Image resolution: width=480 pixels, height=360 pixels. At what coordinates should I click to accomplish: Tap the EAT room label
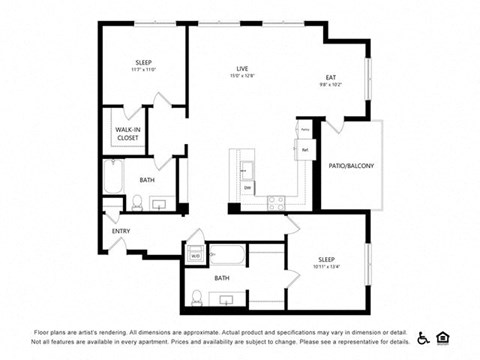click(331, 77)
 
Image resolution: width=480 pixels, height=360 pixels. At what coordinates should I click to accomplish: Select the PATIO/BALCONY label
click(351, 166)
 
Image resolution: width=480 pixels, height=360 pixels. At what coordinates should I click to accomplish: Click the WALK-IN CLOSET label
click(127, 134)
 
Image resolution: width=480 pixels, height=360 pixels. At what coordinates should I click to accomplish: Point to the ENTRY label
click(121, 231)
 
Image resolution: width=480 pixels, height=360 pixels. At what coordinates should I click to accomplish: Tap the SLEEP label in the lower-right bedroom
click(327, 257)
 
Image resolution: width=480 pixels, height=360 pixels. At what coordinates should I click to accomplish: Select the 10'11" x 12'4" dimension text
click(327, 265)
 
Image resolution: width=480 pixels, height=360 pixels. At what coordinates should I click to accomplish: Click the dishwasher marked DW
click(248, 187)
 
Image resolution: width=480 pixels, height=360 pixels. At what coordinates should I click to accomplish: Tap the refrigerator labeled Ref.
click(304, 149)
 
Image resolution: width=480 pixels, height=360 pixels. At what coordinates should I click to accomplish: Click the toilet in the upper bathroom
click(137, 203)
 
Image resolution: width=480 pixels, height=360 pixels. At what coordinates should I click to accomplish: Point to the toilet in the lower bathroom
click(197, 297)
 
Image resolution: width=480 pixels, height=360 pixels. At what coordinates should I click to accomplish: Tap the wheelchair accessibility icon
click(424, 337)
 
